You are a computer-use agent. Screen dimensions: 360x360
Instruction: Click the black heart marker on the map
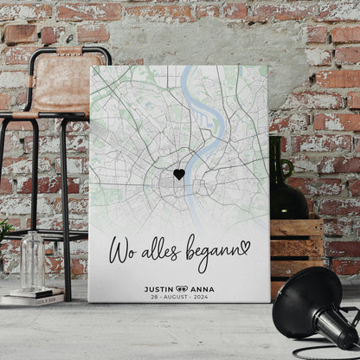179,174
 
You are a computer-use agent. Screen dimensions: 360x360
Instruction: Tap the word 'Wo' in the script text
121,251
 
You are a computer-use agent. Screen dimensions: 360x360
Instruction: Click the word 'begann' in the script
208,251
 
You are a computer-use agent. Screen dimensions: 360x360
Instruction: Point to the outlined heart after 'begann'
245,247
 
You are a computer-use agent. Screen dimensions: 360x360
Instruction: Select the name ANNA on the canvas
202,289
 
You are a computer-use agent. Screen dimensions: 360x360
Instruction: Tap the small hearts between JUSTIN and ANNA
181,289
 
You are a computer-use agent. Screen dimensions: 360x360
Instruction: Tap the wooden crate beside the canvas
297,247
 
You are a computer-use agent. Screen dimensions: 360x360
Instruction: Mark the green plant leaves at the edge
5,229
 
